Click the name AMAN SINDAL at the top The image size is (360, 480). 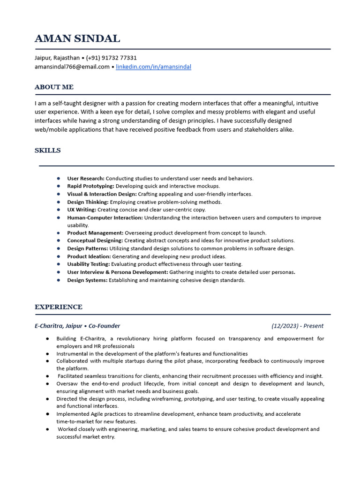[77, 38]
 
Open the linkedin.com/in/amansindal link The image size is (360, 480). [153, 67]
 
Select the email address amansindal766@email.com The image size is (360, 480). [72, 67]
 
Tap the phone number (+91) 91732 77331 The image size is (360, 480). [112, 58]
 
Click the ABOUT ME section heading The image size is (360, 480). [54, 87]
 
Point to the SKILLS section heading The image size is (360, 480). [47, 150]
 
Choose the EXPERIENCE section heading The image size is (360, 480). [58, 307]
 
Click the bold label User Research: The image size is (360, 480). [86, 179]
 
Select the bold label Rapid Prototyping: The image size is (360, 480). [90, 186]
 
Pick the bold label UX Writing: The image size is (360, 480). [82, 210]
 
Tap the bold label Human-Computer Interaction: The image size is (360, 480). [105, 217]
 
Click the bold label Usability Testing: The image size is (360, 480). [89, 264]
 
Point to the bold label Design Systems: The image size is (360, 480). [87, 280]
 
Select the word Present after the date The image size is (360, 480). [313, 326]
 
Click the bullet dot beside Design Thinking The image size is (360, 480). [58, 202]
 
